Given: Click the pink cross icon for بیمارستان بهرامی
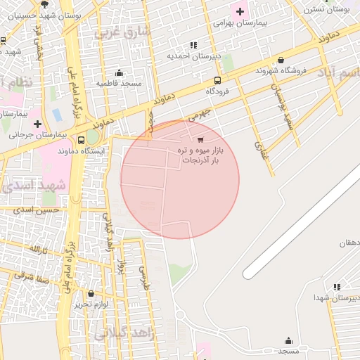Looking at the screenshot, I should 240,11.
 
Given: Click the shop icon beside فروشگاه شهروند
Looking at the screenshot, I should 281,60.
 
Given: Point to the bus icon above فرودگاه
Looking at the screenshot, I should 217,80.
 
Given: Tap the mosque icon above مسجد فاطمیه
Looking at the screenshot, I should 119,72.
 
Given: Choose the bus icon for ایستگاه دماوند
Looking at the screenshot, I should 82,140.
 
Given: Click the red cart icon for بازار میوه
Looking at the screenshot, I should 201,139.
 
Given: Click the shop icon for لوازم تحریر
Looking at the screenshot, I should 91,293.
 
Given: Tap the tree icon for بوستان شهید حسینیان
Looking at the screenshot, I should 45,4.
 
